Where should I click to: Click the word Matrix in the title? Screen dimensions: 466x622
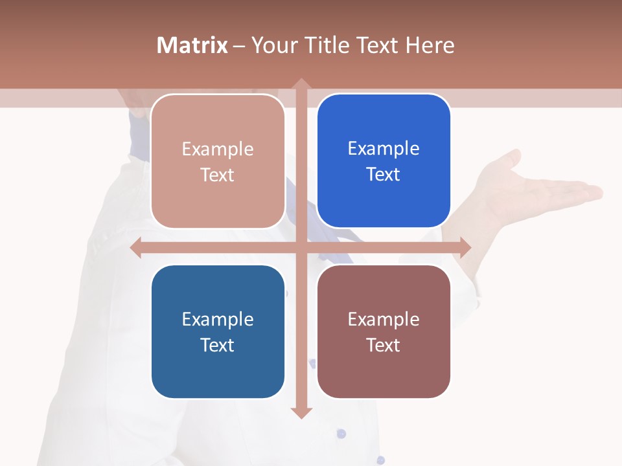point(192,45)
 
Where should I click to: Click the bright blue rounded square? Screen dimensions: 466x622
point(384,161)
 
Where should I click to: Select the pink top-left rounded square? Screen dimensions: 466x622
point(218,161)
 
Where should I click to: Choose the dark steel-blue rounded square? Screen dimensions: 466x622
point(218,331)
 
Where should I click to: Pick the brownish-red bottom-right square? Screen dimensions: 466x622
point(384,331)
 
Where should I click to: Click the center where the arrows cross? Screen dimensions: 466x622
point(301,247)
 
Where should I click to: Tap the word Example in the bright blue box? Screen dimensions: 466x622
point(384,148)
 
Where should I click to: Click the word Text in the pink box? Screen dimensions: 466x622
point(218,175)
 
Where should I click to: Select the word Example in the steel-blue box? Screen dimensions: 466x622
point(218,319)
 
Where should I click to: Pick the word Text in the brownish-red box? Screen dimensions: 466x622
point(384,345)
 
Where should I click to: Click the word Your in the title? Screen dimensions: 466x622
point(271,45)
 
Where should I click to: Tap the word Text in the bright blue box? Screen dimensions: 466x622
point(384,174)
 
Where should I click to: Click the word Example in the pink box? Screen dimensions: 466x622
point(218,149)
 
